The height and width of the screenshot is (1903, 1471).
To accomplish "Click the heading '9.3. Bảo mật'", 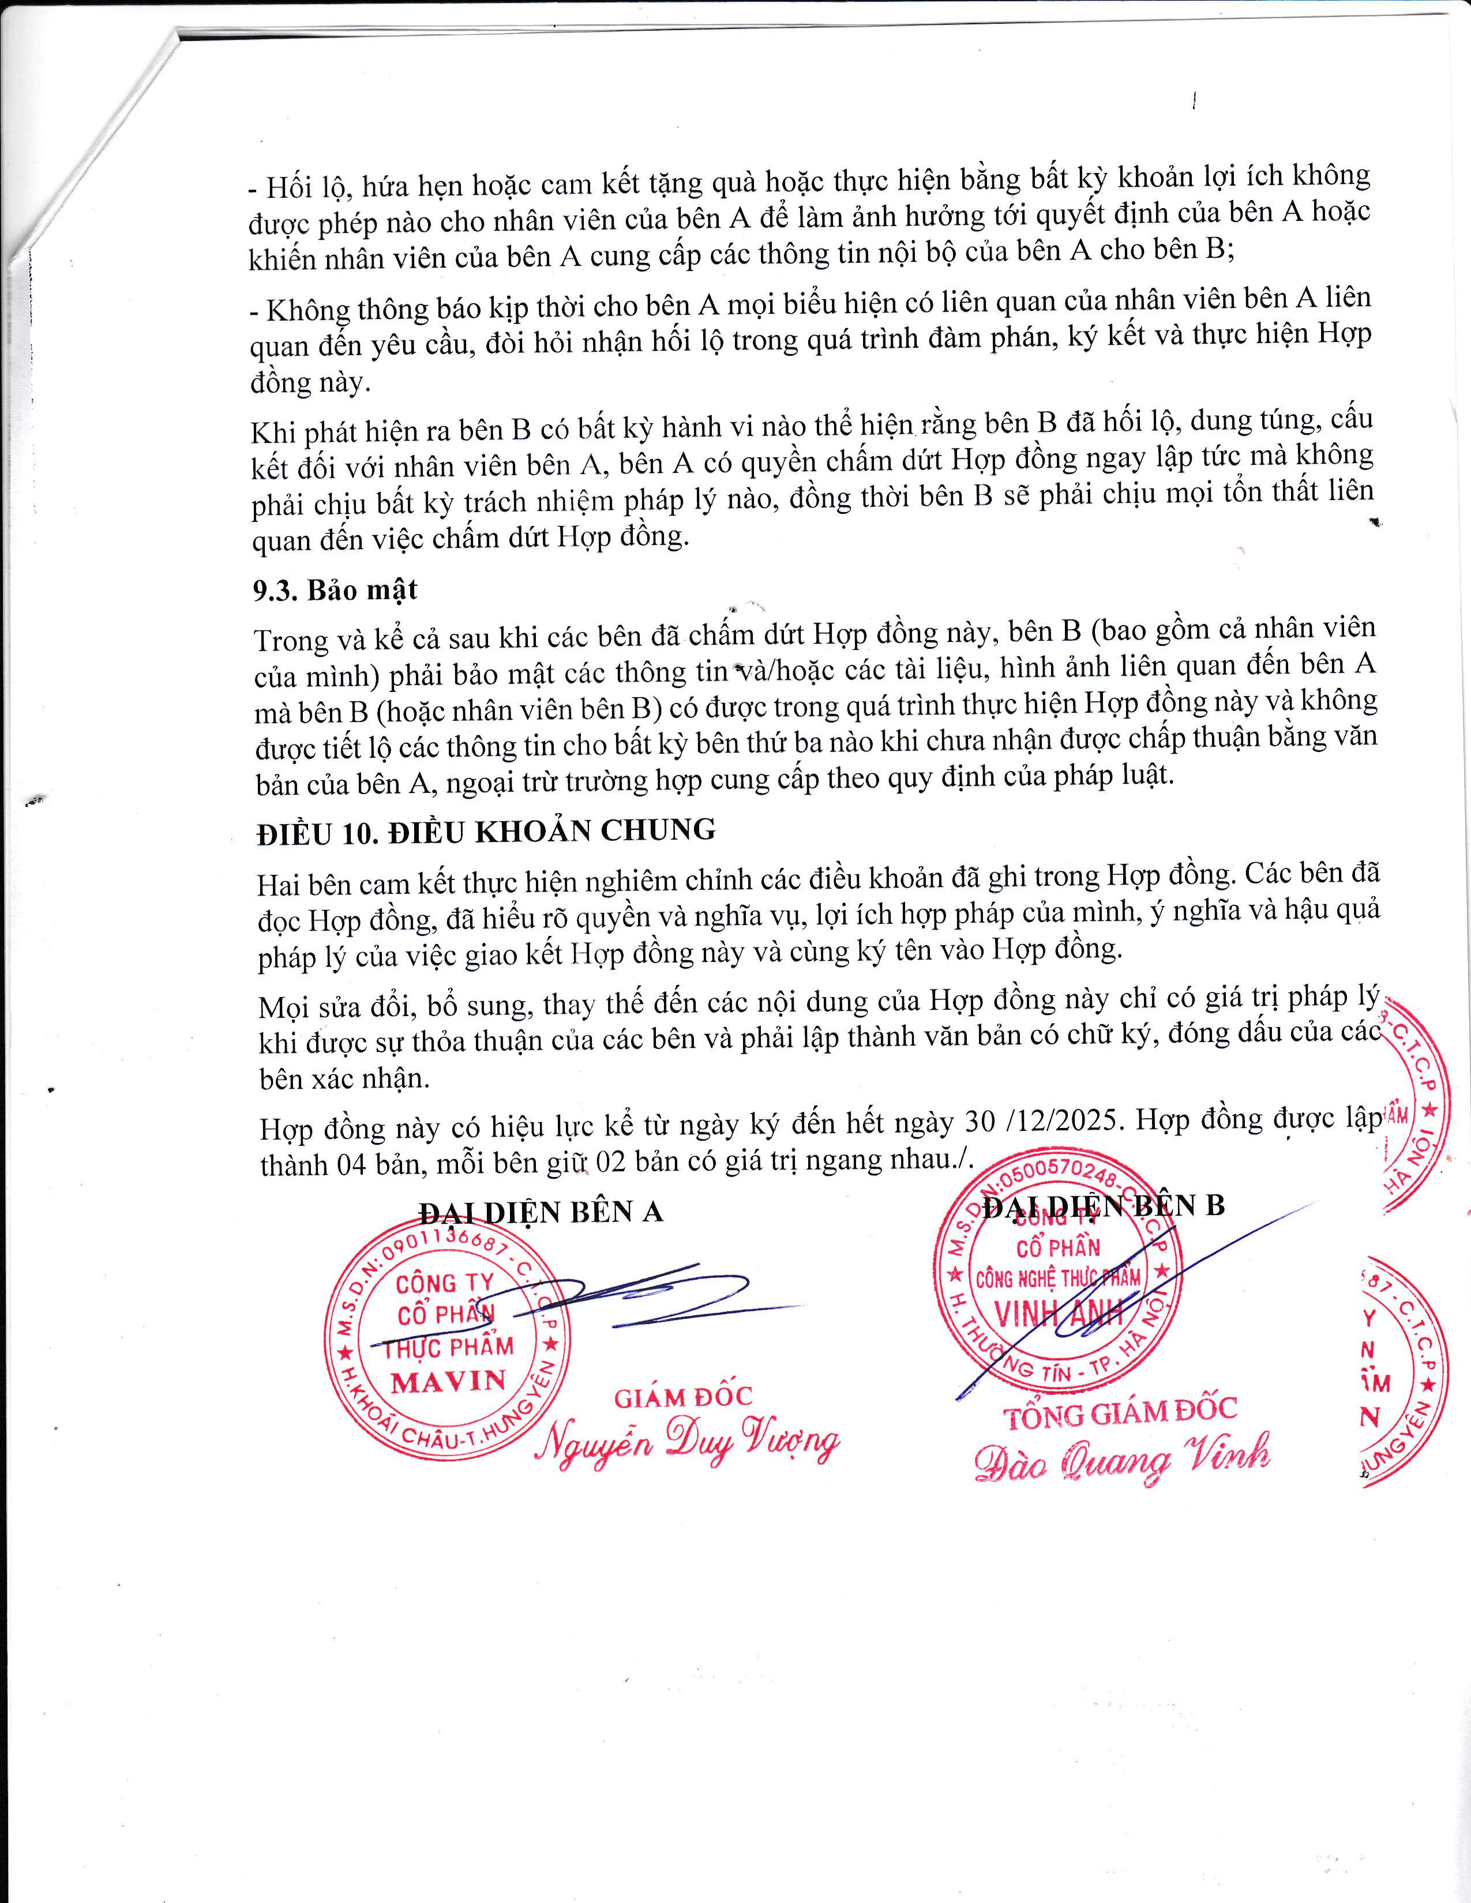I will pyautogui.click(x=335, y=590).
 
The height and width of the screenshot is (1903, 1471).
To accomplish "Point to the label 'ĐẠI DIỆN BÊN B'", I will pyautogui.click(x=1103, y=1205).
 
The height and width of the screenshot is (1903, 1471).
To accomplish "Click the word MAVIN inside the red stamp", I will pyautogui.click(x=449, y=1380).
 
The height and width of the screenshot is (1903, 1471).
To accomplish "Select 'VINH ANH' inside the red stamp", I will pyautogui.click(x=1059, y=1314).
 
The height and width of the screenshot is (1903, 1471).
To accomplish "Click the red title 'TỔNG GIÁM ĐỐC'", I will pyautogui.click(x=1121, y=1412).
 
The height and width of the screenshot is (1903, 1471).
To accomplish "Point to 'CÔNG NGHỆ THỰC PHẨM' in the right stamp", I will pyautogui.click(x=1058, y=1278).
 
